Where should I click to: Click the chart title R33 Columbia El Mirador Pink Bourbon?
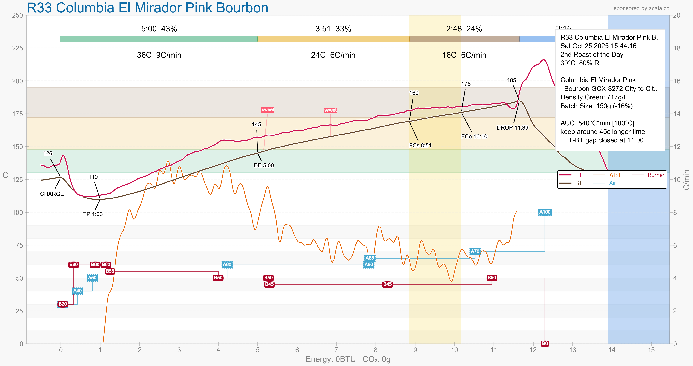[x=147, y=8]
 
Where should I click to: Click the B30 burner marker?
[x=63, y=304]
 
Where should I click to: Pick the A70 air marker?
[x=475, y=251]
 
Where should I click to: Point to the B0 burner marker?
[x=545, y=343]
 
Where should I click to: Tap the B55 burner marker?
[x=110, y=271]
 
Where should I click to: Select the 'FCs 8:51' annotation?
[x=420, y=145]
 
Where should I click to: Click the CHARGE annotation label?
[x=52, y=194]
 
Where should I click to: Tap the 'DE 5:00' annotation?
[x=264, y=165]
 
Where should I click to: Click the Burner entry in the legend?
[x=656, y=175]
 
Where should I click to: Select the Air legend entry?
[x=612, y=183]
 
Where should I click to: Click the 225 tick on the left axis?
[x=17, y=48]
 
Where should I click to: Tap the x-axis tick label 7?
[x=336, y=350]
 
